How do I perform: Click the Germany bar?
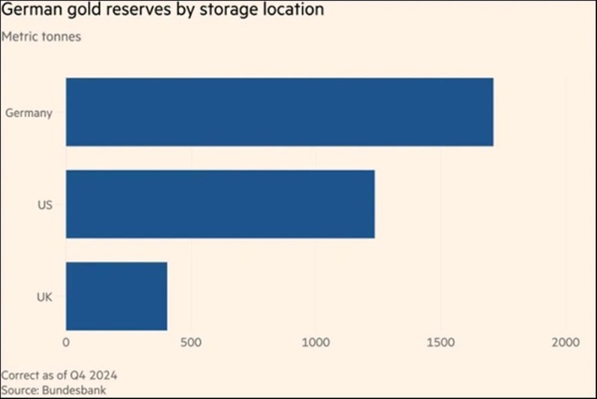coord(279,111)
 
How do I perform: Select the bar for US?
coord(220,204)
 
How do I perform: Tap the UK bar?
coord(116,296)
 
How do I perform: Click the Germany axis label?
coord(29,114)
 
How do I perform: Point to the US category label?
coord(46,205)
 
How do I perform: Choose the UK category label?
coord(45,297)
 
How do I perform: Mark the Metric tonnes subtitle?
coord(41,36)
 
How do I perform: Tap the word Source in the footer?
coord(19,389)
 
